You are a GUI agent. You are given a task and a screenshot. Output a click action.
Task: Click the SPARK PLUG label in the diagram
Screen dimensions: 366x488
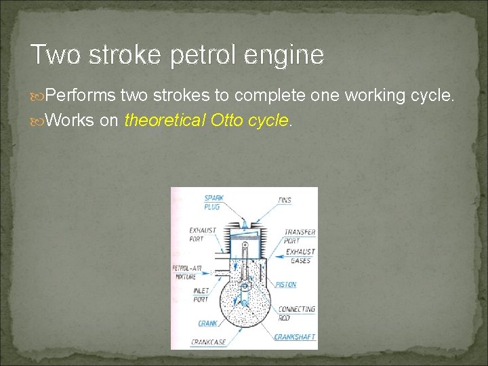pyautogui.click(x=213, y=202)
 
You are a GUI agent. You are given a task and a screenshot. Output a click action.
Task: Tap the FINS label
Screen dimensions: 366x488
pyautogui.click(x=285, y=200)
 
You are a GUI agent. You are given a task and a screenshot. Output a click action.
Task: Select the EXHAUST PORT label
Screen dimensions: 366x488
pyautogui.click(x=203, y=235)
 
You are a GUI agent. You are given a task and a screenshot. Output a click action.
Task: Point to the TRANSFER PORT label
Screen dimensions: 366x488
pyautogui.click(x=300, y=236)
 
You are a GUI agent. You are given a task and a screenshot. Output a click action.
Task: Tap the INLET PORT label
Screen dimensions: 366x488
pyautogui.click(x=201, y=296)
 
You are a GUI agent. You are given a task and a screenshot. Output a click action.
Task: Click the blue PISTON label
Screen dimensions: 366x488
pyautogui.click(x=286, y=285)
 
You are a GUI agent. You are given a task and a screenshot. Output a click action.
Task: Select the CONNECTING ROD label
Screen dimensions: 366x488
pyautogui.click(x=297, y=313)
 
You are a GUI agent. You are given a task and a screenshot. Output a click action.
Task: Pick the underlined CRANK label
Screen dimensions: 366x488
pyautogui.click(x=208, y=323)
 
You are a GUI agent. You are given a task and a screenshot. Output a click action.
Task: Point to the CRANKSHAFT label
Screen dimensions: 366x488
pyautogui.click(x=294, y=337)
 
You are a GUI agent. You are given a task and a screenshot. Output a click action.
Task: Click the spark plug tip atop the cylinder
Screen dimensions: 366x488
pyautogui.click(x=244, y=223)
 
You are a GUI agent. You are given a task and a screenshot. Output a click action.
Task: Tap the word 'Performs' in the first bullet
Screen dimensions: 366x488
pyautogui.click(x=81, y=96)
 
